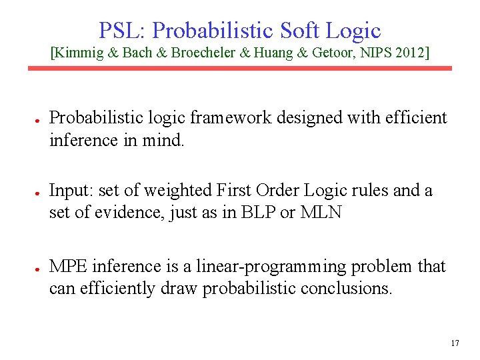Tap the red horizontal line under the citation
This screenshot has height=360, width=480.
coord(239,68)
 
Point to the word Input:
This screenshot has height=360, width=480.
coord(72,191)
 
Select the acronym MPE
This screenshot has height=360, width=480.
coord(69,267)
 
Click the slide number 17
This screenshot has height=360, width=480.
coord(455,344)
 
